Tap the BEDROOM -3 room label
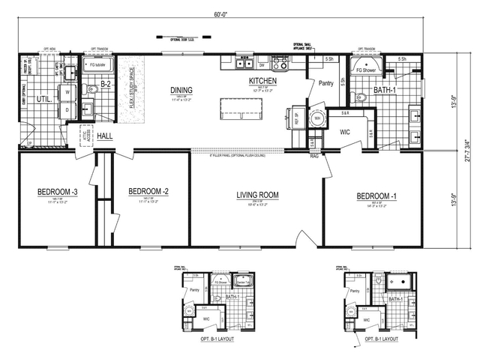[57, 193]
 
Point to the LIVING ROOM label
[257, 195]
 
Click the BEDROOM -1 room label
[372, 194]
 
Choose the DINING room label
[181, 88]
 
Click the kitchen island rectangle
[240, 107]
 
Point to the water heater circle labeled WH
[317, 118]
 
